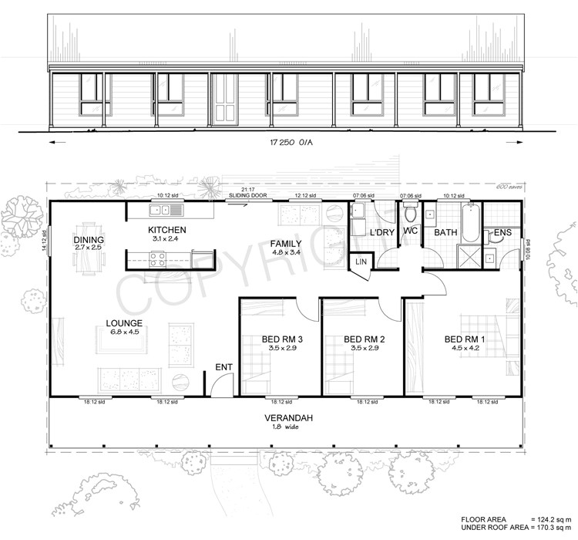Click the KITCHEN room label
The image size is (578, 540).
(x=167, y=231)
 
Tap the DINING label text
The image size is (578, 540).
(x=89, y=240)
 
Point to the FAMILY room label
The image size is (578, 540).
(x=286, y=244)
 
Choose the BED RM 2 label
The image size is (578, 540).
(x=364, y=339)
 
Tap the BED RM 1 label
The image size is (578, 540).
(x=465, y=339)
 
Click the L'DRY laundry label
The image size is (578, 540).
(x=382, y=232)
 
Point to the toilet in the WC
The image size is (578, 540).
(x=409, y=211)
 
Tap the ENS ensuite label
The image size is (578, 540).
(x=502, y=232)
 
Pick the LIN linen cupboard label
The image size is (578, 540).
(x=361, y=263)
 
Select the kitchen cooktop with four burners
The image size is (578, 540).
(x=157, y=261)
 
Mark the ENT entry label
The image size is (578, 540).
(x=224, y=366)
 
